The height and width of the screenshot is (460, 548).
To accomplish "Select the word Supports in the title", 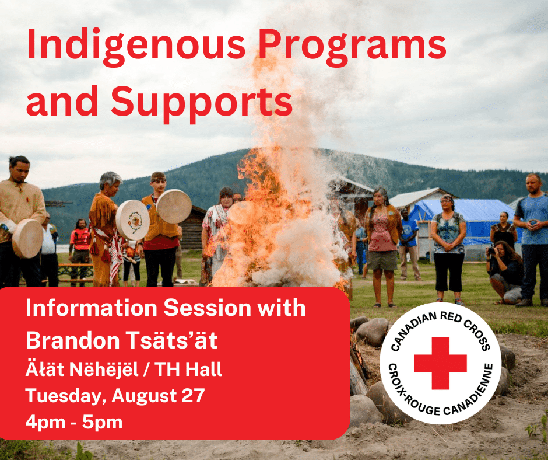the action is (x=202, y=103).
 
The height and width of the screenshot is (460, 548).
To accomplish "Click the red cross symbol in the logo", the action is (x=440, y=363).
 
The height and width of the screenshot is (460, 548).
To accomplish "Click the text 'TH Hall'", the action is (x=189, y=369).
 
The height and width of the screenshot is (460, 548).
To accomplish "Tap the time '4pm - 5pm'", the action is (x=74, y=422).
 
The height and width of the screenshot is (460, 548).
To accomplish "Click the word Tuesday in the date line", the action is (x=66, y=396).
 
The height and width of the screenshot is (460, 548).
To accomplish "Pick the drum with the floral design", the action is (x=133, y=220).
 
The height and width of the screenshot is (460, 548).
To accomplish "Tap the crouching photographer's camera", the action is (x=491, y=250).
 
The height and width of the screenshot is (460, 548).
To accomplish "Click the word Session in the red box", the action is (x=207, y=308).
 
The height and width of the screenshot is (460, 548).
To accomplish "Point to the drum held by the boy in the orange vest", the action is (x=174, y=206).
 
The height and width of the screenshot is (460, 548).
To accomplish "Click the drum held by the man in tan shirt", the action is (x=27, y=238).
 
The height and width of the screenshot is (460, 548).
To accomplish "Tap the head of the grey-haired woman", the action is (x=110, y=184).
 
